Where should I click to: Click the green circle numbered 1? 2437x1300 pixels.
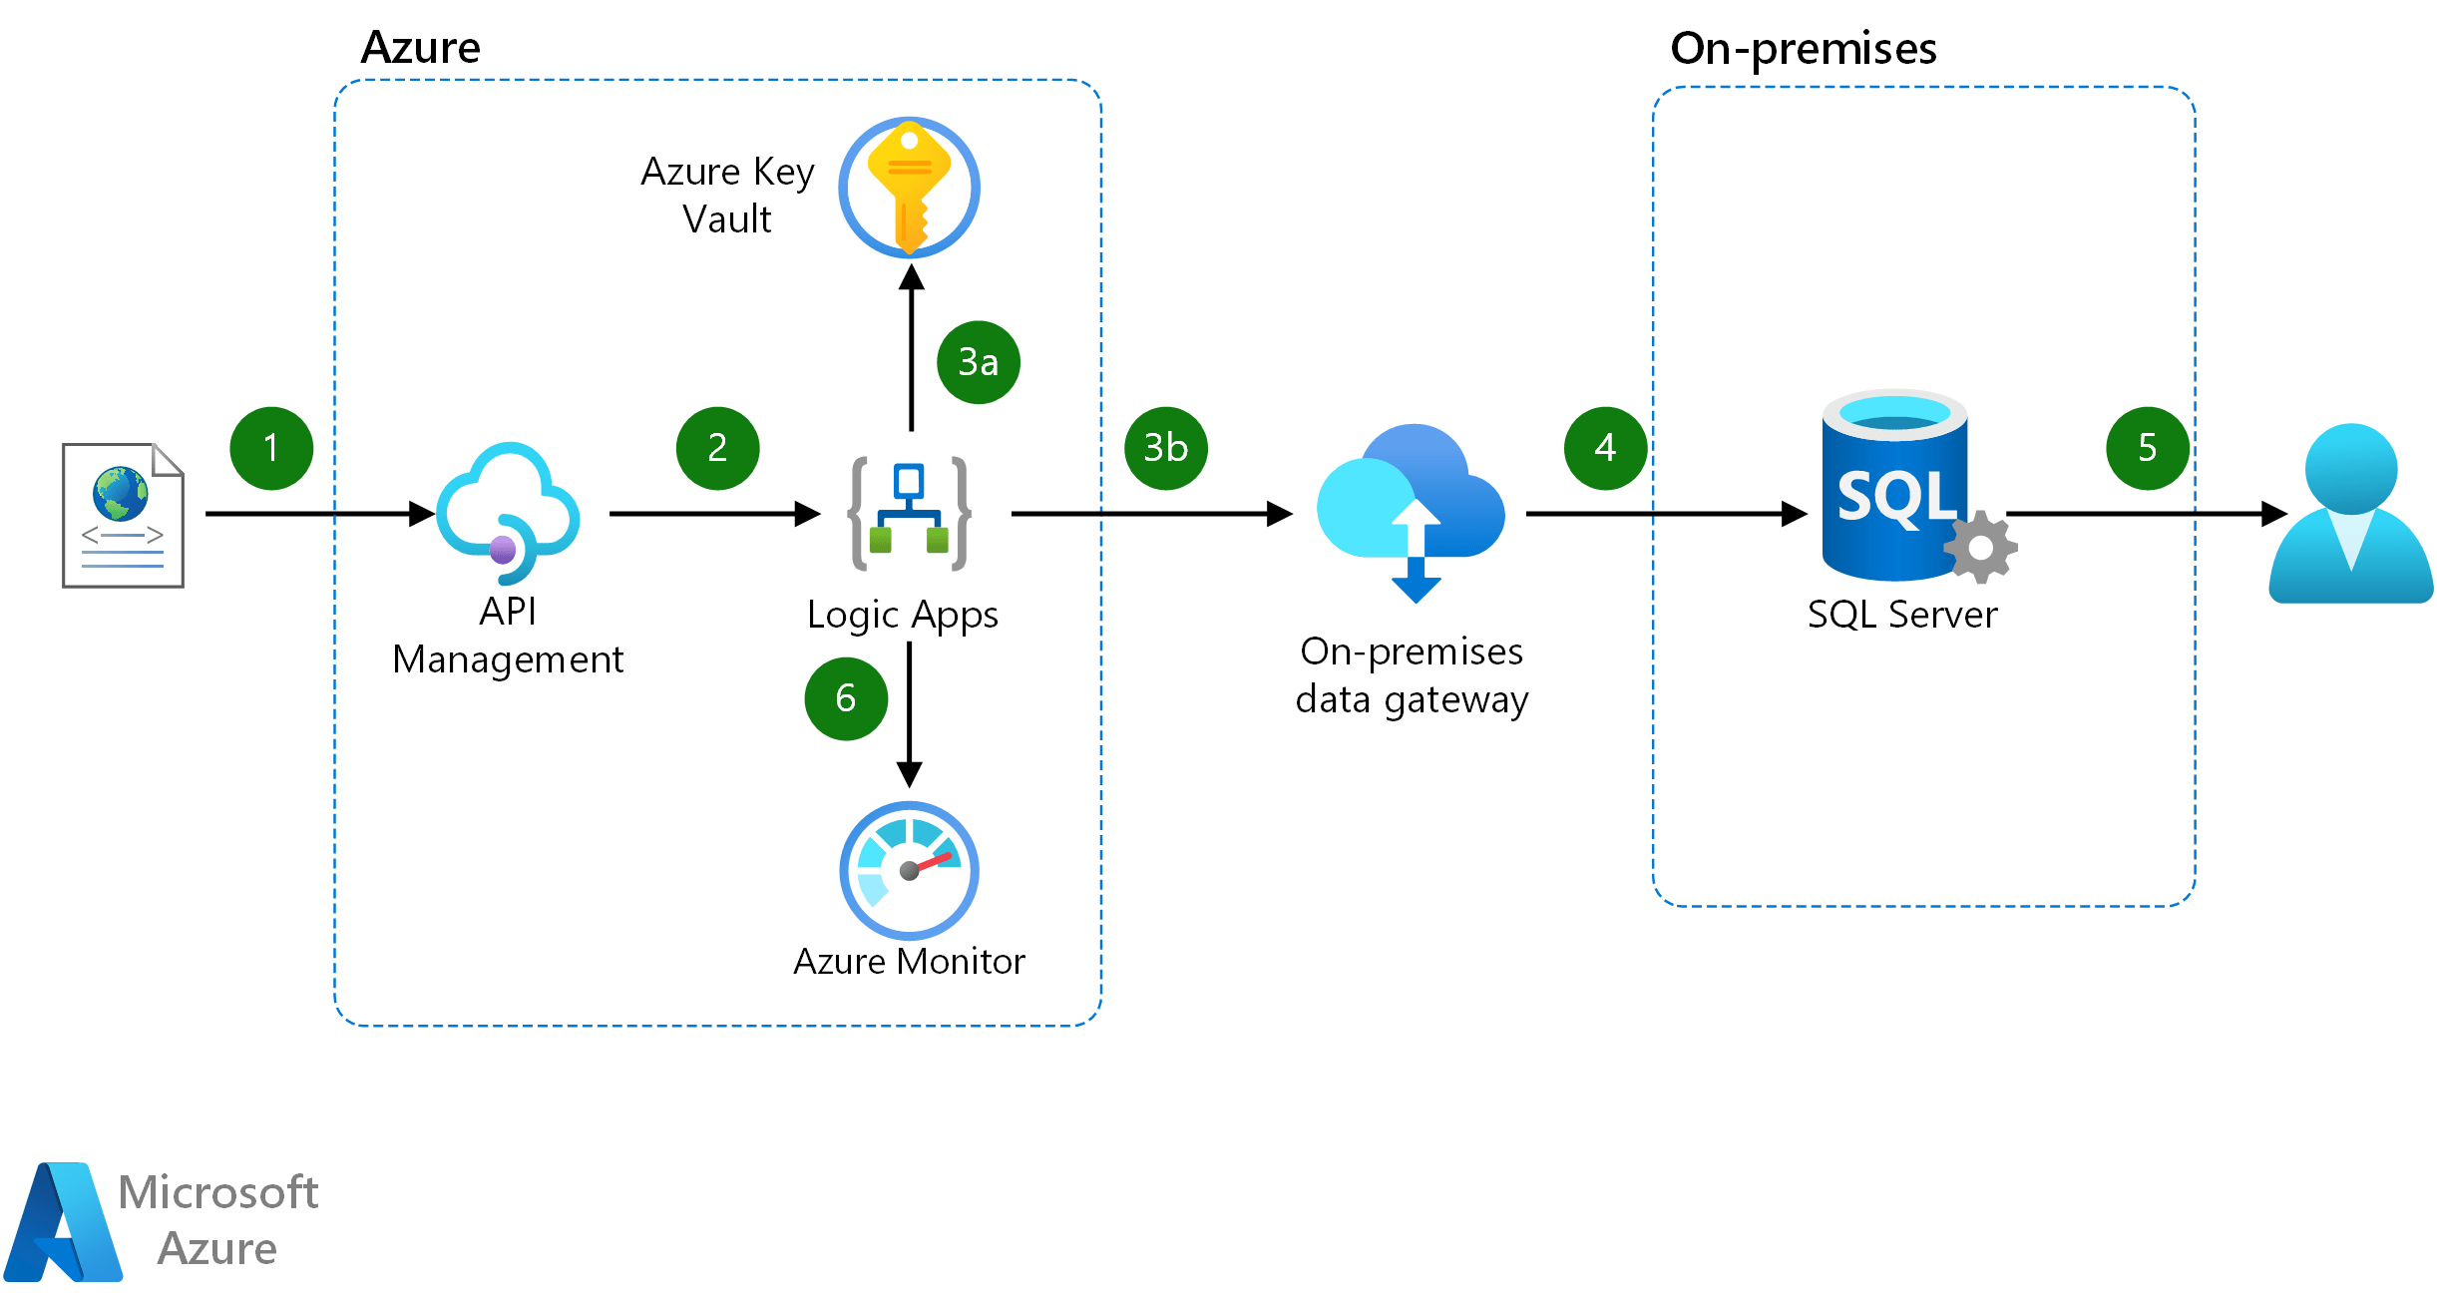271,448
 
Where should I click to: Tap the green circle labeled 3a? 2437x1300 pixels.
978,362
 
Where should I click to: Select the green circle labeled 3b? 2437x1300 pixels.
1165,448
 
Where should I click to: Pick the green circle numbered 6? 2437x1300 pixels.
846,698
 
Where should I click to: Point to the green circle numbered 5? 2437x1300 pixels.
2147,448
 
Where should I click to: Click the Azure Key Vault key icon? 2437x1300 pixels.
909,188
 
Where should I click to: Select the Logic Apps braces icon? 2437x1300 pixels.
909,513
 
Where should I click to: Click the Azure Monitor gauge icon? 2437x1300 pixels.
909,870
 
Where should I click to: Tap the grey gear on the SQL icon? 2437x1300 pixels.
1980,547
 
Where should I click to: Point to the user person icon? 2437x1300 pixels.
2350,513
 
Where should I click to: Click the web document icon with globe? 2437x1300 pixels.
123,515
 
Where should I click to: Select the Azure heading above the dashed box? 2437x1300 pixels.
420,47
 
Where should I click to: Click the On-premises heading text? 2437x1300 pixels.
1803,48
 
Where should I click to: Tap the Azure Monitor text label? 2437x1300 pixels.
909,961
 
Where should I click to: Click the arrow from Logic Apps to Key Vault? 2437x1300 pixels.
911,349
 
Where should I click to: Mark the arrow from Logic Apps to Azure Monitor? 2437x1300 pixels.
909,713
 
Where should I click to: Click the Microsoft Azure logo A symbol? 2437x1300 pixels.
63,1222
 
